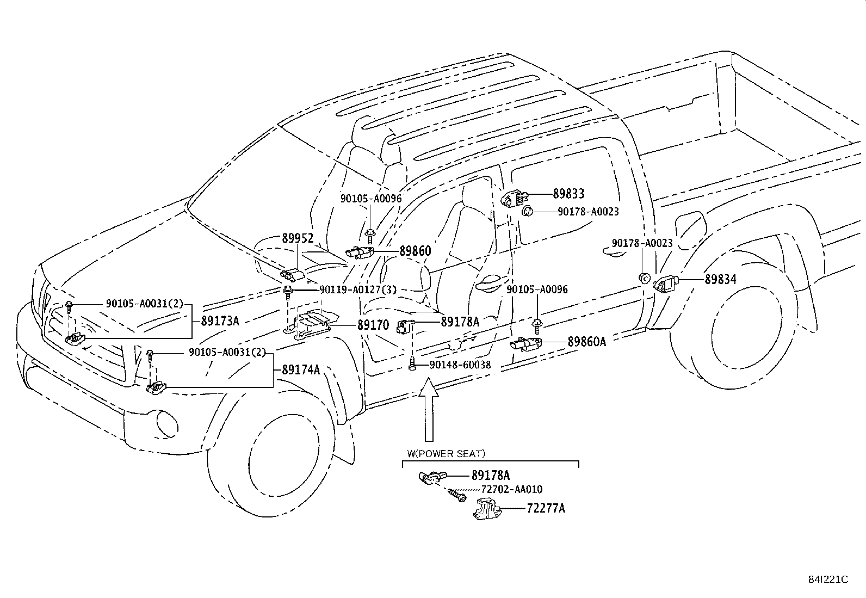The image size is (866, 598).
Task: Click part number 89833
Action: click(568, 194)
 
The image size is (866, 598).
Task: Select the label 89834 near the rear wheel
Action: click(720, 280)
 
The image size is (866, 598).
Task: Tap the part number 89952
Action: click(298, 239)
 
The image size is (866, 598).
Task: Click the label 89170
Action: click(373, 325)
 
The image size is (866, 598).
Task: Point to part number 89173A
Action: click(220, 321)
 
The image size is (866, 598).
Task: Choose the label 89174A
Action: click(301, 370)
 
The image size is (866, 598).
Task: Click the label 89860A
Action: click(586, 342)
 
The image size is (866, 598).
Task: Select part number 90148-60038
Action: click(460, 365)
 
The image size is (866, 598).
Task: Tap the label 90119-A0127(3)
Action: click(358, 290)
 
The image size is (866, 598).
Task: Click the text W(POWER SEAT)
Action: click(446, 453)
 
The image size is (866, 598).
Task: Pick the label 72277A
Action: click(546, 509)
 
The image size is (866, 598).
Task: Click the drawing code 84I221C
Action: click(827, 579)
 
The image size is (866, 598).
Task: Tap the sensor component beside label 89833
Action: click(512, 198)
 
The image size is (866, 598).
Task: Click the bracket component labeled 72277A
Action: click(486, 509)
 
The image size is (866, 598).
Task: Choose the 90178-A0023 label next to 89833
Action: click(588, 212)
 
